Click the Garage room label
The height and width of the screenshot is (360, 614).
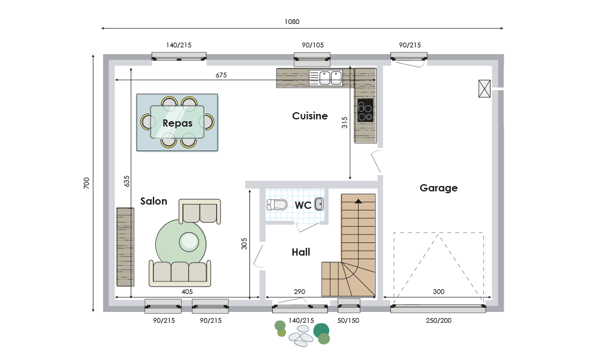pyautogui.click(x=438, y=188)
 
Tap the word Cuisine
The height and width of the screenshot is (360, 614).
pyautogui.click(x=310, y=116)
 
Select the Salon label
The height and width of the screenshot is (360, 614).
pyautogui.click(x=153, y=202)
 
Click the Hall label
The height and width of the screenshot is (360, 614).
pyautogui.click(x=301, y=252)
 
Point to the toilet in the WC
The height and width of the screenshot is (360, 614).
pyautogui.click(x=277, y=205)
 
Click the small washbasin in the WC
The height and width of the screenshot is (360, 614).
pyautogui.click(x=319, y=204)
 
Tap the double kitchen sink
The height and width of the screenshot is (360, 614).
pyautogui.click(x=326, y=77)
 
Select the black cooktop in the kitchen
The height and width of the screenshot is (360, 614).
pyautogui.click(x=365, y=110)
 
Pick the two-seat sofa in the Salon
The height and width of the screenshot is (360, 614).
pyautogui.click(x=200, y=212)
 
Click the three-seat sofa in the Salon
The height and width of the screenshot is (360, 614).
pyautogui.click(x=180, y=273)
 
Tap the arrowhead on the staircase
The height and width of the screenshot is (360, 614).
pyautogui.click(x=359, y=201)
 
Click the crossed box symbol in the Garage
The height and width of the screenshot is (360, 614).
pyautogui.click(x=484, y=89)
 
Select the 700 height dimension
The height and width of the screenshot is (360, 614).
pyautogui.click(x=86, y=183)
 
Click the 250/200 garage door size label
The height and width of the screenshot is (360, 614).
pyautogui.click(x=438, y=320)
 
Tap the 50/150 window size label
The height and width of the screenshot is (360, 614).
pyautogui.click(x=348, y=320)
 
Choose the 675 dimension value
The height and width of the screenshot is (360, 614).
pyautogui.click(x=221, y=75)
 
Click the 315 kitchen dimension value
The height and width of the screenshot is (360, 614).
pyautogui.click(x=345, y=122)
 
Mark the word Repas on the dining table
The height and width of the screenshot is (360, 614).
pyautogui.click(x=177, y=124)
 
